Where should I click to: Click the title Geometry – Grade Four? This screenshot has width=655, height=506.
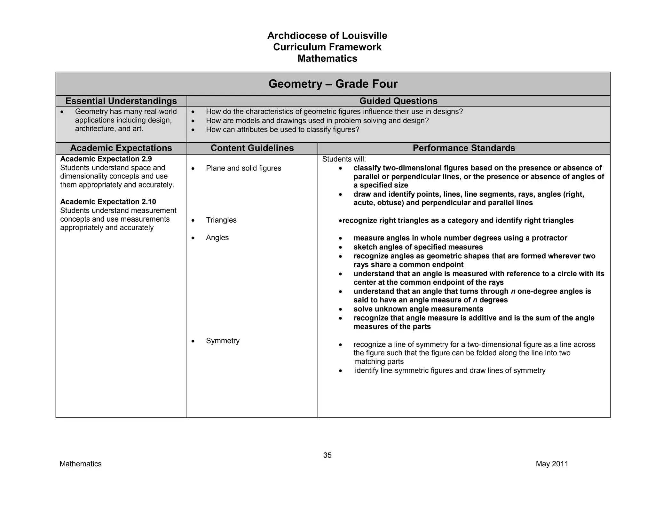[333, 84]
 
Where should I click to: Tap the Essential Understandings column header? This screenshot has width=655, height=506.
[121, 101]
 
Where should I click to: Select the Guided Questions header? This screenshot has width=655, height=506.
[398, 101]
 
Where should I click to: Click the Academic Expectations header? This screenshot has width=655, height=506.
[121, 148]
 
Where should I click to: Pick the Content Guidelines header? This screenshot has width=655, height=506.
[252, 148]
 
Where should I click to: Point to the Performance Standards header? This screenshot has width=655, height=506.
[464, 148]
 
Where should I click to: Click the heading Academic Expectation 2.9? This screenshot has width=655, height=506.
[106, 159]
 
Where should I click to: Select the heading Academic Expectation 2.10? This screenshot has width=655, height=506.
[108, 202]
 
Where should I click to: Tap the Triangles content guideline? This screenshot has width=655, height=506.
[221, 220]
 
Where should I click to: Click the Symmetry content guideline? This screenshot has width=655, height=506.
[223, 341]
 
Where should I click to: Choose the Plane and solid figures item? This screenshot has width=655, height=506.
[243, 168]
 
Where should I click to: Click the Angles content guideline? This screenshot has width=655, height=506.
[217, 238]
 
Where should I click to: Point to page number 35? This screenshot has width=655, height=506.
[327, 455]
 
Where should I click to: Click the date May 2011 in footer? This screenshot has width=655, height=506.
[552, 464]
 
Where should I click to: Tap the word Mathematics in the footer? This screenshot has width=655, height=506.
[80, 464]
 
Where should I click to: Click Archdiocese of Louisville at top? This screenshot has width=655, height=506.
[327, 36]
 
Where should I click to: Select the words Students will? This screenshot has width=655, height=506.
[344, 159]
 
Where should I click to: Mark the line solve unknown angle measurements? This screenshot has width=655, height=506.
[418, 309]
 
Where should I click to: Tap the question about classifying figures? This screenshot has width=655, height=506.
[282, 130]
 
